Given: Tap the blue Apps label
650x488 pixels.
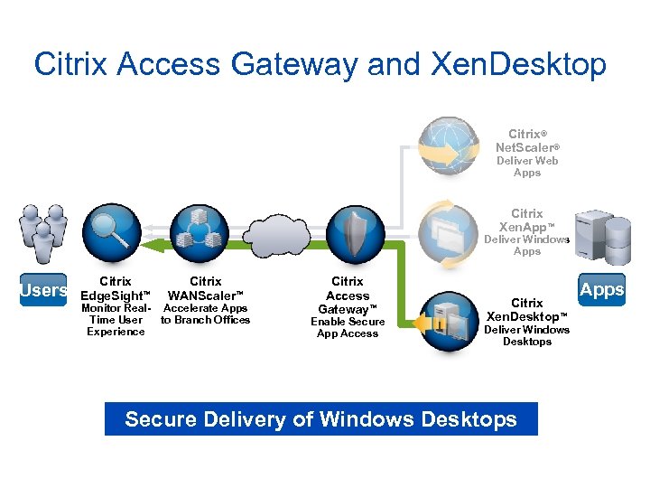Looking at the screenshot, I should pyautogui.click(x=601, y=290).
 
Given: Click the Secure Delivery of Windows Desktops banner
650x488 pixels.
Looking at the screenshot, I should pyautogui.click(x=320, y=419).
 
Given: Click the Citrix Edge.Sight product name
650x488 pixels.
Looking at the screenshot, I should pyautogui.click(x=116, y=288).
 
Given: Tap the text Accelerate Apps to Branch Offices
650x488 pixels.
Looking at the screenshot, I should pyautogui.click(x=206, y=314).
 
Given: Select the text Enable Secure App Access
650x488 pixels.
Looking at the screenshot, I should pyautogui.click(x=348, y=327).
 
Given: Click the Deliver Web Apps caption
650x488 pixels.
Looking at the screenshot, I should pyautogui.click(x=527, y=166).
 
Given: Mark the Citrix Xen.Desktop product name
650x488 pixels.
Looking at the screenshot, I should pyautogui.click(x=527, y=310).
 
